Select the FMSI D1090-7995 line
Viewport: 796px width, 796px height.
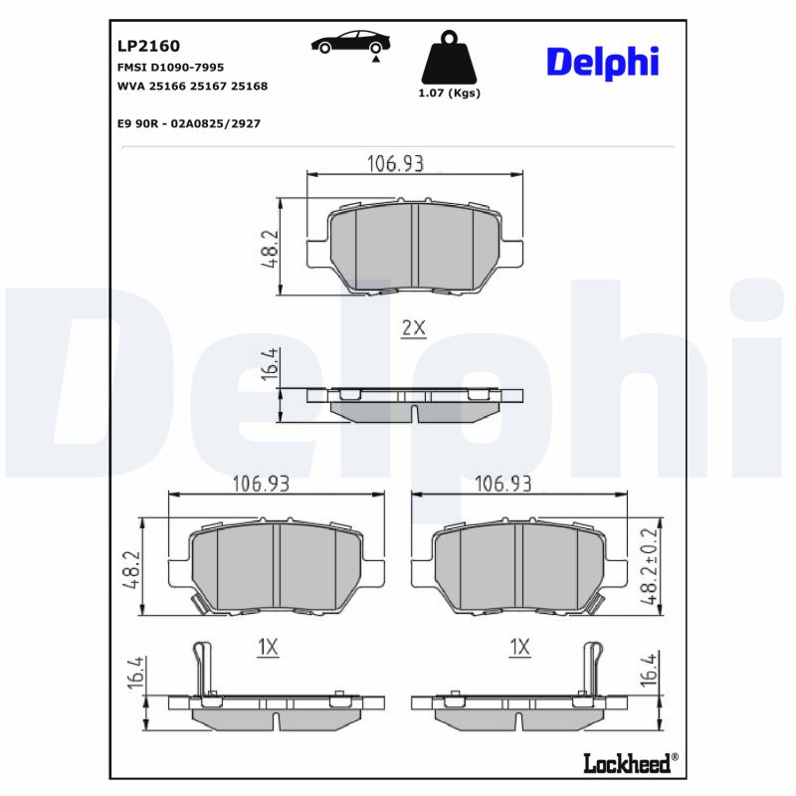[170, 67]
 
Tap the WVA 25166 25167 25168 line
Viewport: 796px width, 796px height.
[192, 87]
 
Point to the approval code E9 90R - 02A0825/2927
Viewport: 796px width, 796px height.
[189, 123]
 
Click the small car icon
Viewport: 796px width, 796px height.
[351, 43]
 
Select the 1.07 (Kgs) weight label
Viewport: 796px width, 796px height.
[450, 94]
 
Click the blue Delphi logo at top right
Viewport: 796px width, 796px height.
[602, 62]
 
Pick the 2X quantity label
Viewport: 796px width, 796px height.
[413, 328]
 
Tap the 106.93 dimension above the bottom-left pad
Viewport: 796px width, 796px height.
[261, 484]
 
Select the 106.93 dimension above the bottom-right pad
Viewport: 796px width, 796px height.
[502, 484]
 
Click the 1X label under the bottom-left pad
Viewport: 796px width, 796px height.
[267, 648]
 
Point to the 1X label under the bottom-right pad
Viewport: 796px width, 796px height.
[519, 648]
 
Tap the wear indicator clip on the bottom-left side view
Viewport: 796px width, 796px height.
[204, 667]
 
